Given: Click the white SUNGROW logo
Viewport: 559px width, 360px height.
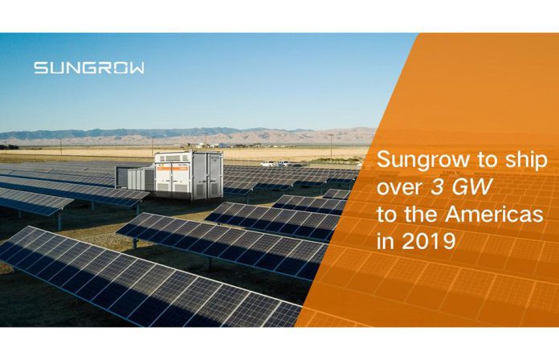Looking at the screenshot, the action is (x=89, y=67).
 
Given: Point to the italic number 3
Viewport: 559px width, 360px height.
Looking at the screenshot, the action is (x=436, y=187).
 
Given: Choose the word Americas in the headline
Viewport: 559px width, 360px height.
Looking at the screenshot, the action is (x=494, y=214).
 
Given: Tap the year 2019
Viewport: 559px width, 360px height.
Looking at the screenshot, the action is (x=429, y=242).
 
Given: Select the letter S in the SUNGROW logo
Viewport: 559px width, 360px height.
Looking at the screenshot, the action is (x=41, y=67).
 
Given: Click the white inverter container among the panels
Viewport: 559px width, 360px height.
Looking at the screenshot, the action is (x=189, y=175).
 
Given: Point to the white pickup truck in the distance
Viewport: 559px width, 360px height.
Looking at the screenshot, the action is (x=267, y=164).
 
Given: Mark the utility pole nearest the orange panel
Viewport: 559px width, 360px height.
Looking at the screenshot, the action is (x=331, y=147).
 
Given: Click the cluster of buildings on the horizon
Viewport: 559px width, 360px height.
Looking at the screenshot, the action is (x=206, y=145).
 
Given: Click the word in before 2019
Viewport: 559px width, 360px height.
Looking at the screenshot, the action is (x=386, y=242).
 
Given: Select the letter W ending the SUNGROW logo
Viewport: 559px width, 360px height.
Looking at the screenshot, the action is (x=137, y=67).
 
